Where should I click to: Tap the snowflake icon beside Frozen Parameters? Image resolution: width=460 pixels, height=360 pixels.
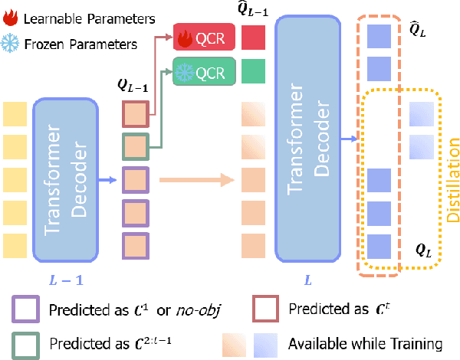point(11,44)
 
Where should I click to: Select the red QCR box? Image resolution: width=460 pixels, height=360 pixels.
point(197,38)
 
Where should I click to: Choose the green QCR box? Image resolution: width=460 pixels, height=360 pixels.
point(197,73)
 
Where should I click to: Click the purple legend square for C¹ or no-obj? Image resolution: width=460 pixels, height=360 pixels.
point(25,310)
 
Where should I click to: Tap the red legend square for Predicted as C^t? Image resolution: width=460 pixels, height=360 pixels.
point(265,310)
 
